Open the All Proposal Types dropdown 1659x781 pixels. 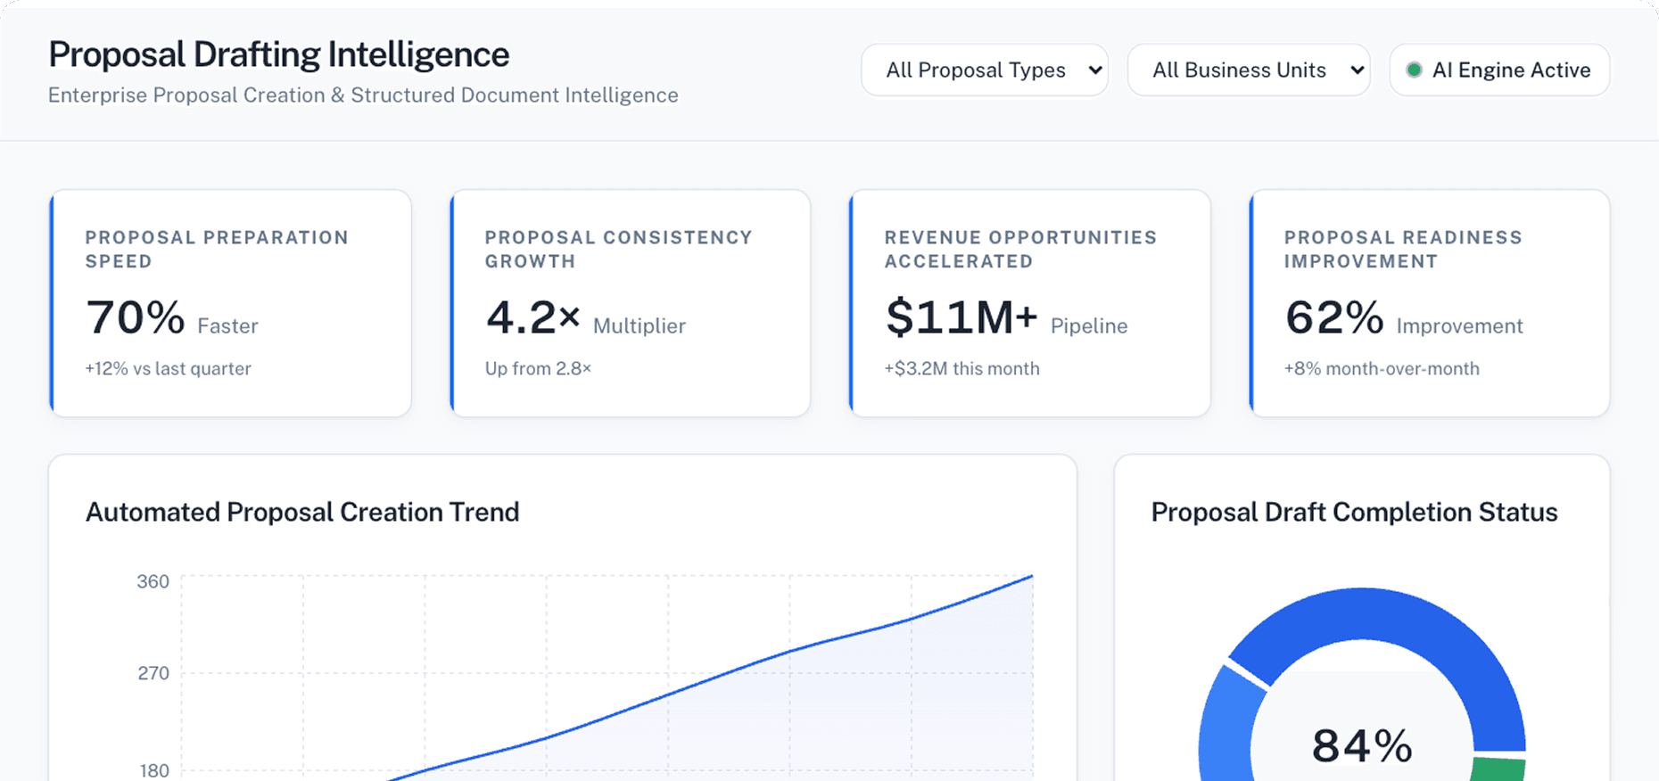click(x=984, y=70)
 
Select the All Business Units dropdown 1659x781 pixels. click(x=1248, y=70)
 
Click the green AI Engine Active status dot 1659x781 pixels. click(x=1414, y=70)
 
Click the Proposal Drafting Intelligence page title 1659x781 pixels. click(x=278, y=55)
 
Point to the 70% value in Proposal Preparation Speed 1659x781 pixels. click(x=136, y=318)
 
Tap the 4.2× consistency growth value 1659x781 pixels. click(x=532, y=318)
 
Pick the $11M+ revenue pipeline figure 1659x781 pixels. click(x=961, y=318)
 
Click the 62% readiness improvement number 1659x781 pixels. click(x=1333, y=318)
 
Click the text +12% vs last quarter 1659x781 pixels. click(x=168, y=369)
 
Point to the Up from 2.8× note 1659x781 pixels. click(x=538, y=369)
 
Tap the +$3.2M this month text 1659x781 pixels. click(x=962, y=369)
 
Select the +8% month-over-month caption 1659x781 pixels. click(x=1381, y=369)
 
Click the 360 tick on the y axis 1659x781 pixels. click(x=153, y=582)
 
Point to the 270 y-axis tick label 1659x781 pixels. click(x=153, y=673)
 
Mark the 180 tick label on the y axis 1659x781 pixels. click(x=153, y=770)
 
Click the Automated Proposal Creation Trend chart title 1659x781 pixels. click(x=302, y=513)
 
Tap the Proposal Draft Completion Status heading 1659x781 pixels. click(x=1354, y=513)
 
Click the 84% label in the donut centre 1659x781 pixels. click(x=1362, y=746)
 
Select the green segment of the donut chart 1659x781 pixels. click(x=1498, y=769)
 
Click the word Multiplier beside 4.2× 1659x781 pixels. click(x=639, y=326)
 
